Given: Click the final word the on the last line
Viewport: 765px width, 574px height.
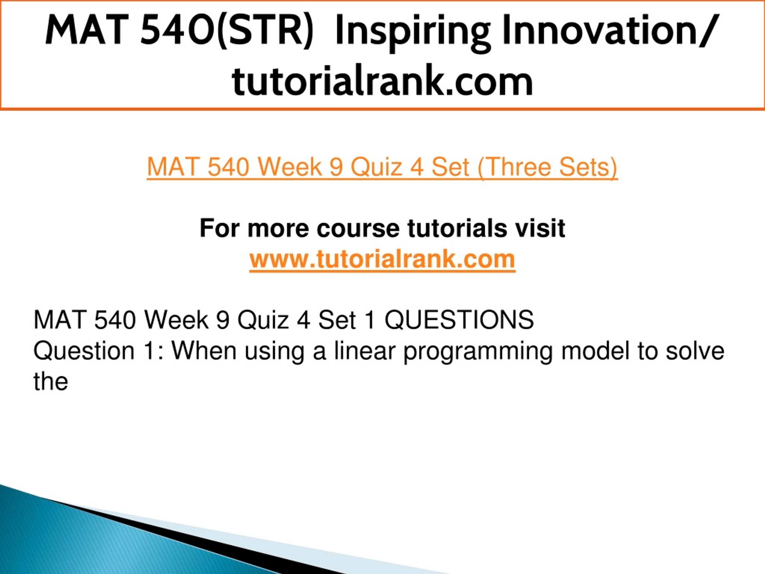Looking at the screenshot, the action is pos(51,382).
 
